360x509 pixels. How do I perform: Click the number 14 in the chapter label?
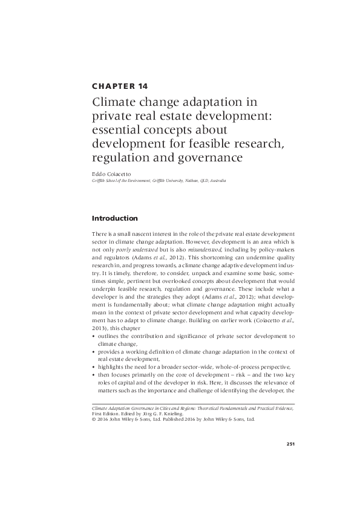click(x=140, y=86)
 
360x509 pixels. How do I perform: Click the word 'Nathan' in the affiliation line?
click(x=200, y=180)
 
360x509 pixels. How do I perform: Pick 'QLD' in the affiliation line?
click(x=214, y=180)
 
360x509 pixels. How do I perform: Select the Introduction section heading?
click(x=115, y=218)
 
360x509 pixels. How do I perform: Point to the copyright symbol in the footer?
click(x=94, y=419)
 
